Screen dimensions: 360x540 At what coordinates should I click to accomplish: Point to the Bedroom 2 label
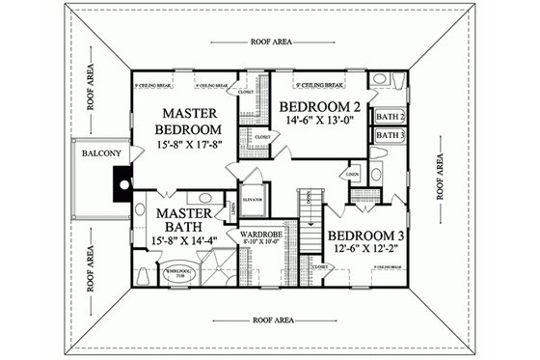coord(319,106)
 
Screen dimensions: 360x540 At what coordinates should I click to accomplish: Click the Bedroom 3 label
coord(365,235)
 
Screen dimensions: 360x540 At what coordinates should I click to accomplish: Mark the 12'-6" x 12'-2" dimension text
coord(365,252)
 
